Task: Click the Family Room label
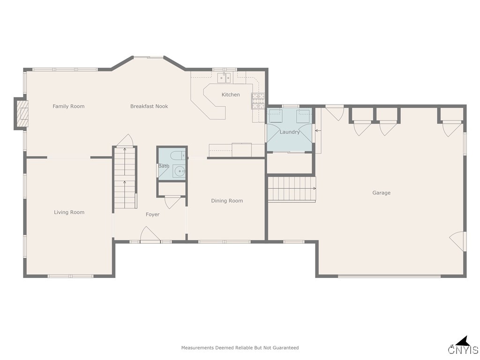click(68, 106)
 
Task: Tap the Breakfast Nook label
click(149, 106)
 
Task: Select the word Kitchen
click(231, 95)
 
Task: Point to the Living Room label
click(69, 212)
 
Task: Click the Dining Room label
click(227, 201)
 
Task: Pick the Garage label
click(381, 193)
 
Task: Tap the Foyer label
click(152, 214)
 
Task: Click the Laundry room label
click(290, 132)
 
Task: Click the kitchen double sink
click(224, 78)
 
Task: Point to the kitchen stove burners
click(258, 101)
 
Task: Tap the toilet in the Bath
click(178, 155)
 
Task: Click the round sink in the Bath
click(180, 172)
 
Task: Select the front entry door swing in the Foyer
click(150, 234)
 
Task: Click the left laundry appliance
click(275, 116)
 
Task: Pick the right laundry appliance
click(303, 116)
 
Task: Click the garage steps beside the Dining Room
click(292, 189)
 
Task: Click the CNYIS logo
click(463, 346)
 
